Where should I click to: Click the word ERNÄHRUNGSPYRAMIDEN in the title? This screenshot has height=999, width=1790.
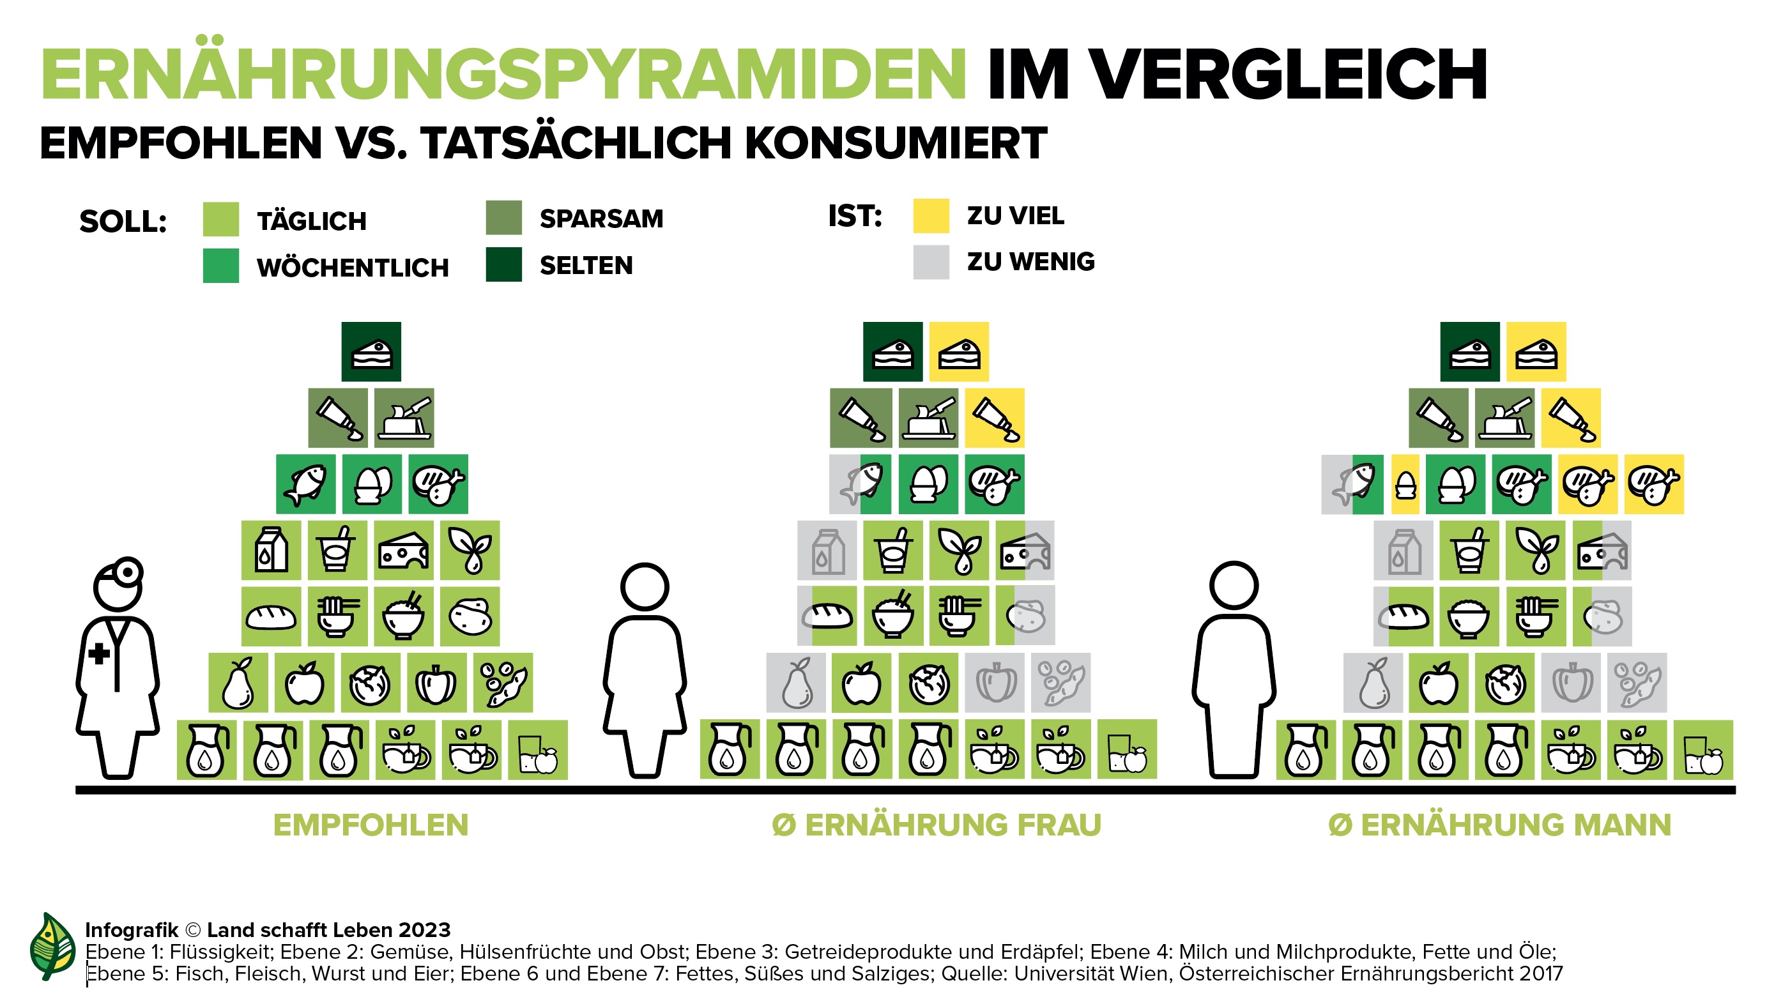click(503, 75)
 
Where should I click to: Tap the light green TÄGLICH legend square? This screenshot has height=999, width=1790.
click(221, 220)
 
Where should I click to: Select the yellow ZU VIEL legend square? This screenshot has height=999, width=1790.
click(931, 216)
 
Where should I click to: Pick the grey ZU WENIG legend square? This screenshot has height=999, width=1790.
click(931, 262)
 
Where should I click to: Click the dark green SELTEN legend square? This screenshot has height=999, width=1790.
click(504, 264)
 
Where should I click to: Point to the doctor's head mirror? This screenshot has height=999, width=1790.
click(129, 571)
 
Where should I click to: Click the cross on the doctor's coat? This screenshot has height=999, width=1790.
click(100, 653)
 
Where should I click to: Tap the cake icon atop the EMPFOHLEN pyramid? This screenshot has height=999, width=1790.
click(371, 351)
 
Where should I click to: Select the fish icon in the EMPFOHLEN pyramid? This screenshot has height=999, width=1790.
click(306, 484)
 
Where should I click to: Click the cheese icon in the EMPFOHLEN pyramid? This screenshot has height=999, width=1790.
click(404, 550)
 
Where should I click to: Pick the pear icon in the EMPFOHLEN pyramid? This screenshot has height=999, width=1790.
click(238, 682)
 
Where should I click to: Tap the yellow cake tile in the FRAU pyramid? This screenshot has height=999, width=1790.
click(959, 351)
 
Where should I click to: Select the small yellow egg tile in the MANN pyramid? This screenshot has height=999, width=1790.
click(1405, 484)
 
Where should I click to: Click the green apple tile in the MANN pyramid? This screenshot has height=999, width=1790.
click(1439, 682)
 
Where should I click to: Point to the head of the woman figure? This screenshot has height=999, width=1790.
click(645, 587)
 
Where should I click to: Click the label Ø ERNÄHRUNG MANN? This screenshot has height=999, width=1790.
click(1499, 825)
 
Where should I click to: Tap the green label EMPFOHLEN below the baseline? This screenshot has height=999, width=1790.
click(371, 825)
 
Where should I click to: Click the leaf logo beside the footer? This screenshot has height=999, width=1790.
click(53, 946)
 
